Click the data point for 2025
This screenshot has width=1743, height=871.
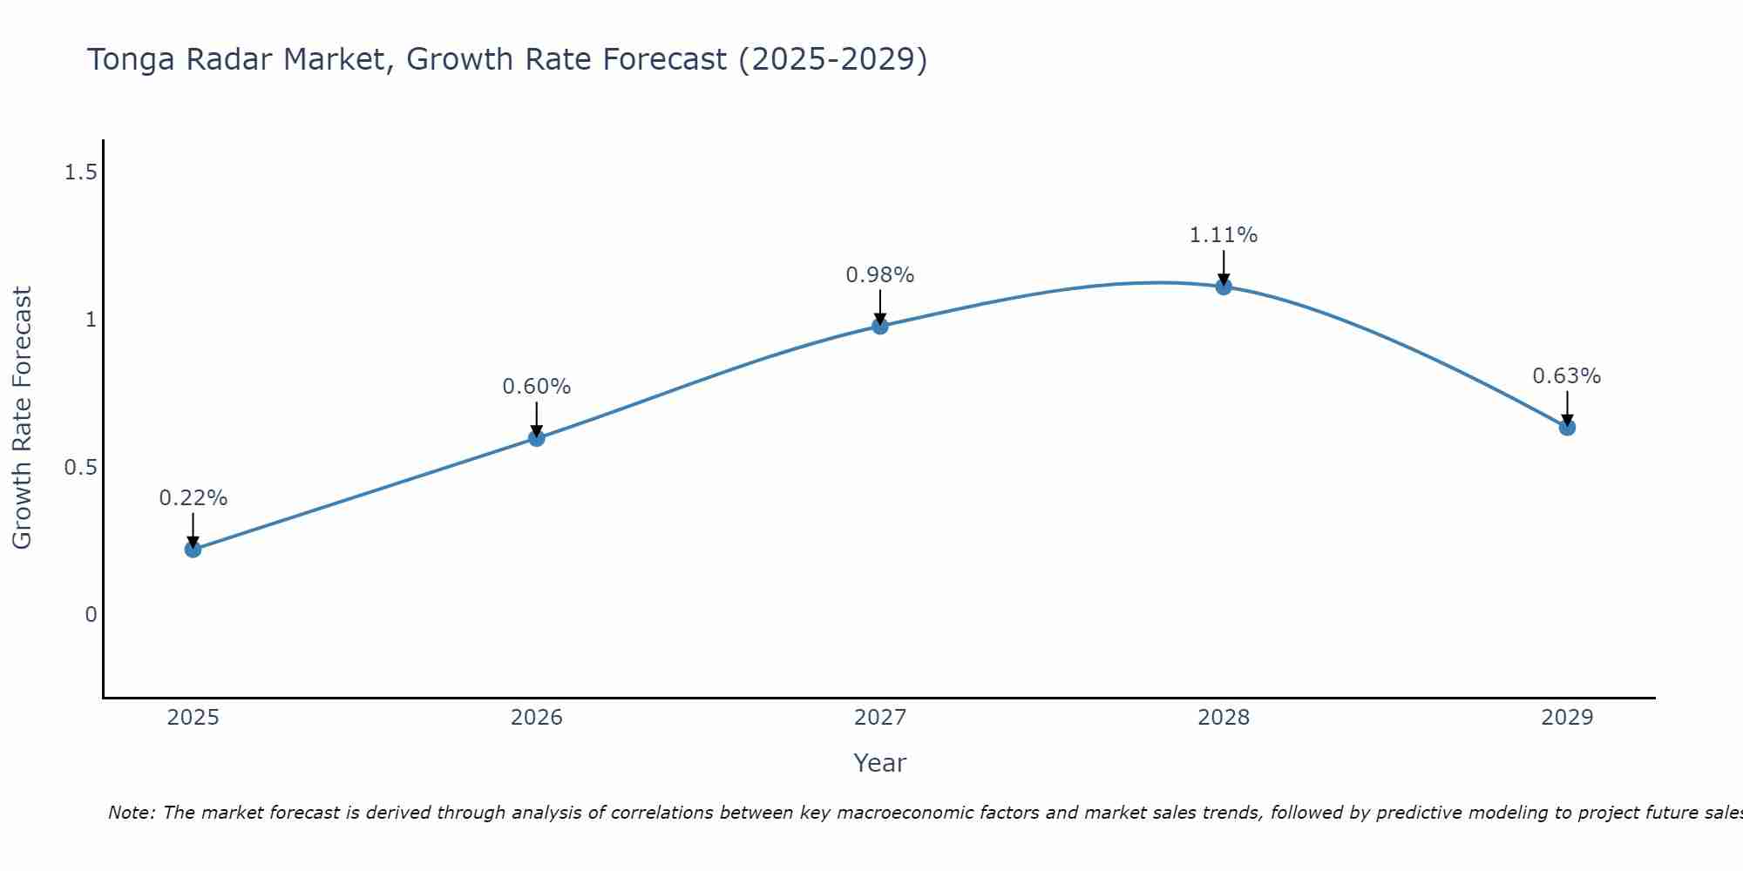pyautogui.click(x=193, y=549)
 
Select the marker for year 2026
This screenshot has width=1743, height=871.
pyautogui.click(x=537, y=437)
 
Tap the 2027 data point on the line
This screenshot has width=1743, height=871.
pyautogui.click(x=880, y=326)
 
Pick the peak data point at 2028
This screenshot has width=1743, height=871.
pyautogui.click(x=1224, y=287)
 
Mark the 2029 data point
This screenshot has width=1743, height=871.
pyautogui.click(x=1567, y=428)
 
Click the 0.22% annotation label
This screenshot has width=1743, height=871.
pyautogui.click(x=193, y=498)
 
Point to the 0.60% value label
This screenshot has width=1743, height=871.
pyautogui.click(x=537, y=387)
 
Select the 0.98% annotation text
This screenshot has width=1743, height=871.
pyautogui.click(x=880, y=275)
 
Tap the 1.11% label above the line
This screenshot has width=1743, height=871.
pyautogui.click(x=1224, y=235)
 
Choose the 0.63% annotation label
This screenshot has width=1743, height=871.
pyautogui.click(x=1567, y=376)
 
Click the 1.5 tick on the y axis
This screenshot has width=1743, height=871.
pyautogui.click(x=80, y=172)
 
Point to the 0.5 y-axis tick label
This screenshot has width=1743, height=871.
pyautogui.click(x=80, y=468)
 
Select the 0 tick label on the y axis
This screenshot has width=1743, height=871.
pyautogui.click(x=91, y=615)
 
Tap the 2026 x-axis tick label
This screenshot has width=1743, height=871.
pyautogui.click(x=537, y=718)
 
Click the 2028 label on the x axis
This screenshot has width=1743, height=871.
pyautogui.click(x=1224, y=718)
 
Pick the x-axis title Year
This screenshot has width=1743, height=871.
pyautogui.click(x=880, y=763)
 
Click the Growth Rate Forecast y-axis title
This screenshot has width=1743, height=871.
pyautogui.click(x=22, y=418)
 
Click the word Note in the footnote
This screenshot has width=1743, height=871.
pyautogui.click(x=131, y=813)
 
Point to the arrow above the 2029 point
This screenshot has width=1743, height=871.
pyautogui.click(x=1567, y=408)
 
